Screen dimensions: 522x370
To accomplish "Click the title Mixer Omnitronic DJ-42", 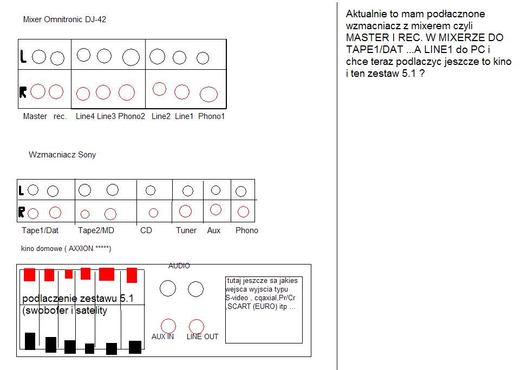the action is coord(64,19).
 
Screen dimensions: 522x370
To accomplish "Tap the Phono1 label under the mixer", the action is coord(211,116).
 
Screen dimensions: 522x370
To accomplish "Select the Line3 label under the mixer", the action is coord(106,116).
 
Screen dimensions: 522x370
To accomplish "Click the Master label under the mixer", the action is coord(35,116).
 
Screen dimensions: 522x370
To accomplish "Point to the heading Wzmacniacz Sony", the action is coord(62,155).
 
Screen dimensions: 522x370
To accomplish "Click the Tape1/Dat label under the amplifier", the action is coord(40,230).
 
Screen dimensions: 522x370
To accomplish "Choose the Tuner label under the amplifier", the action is coord(186,230).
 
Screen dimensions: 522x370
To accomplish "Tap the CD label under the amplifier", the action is coord(146,230).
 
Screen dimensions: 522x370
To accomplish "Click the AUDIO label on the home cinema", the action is coord(179,266).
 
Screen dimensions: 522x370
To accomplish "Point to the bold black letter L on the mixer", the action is coord(23,56).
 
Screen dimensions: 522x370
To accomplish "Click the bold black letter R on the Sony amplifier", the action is coord(22,212).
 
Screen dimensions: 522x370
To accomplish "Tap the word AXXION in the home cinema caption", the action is coord(81,249).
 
